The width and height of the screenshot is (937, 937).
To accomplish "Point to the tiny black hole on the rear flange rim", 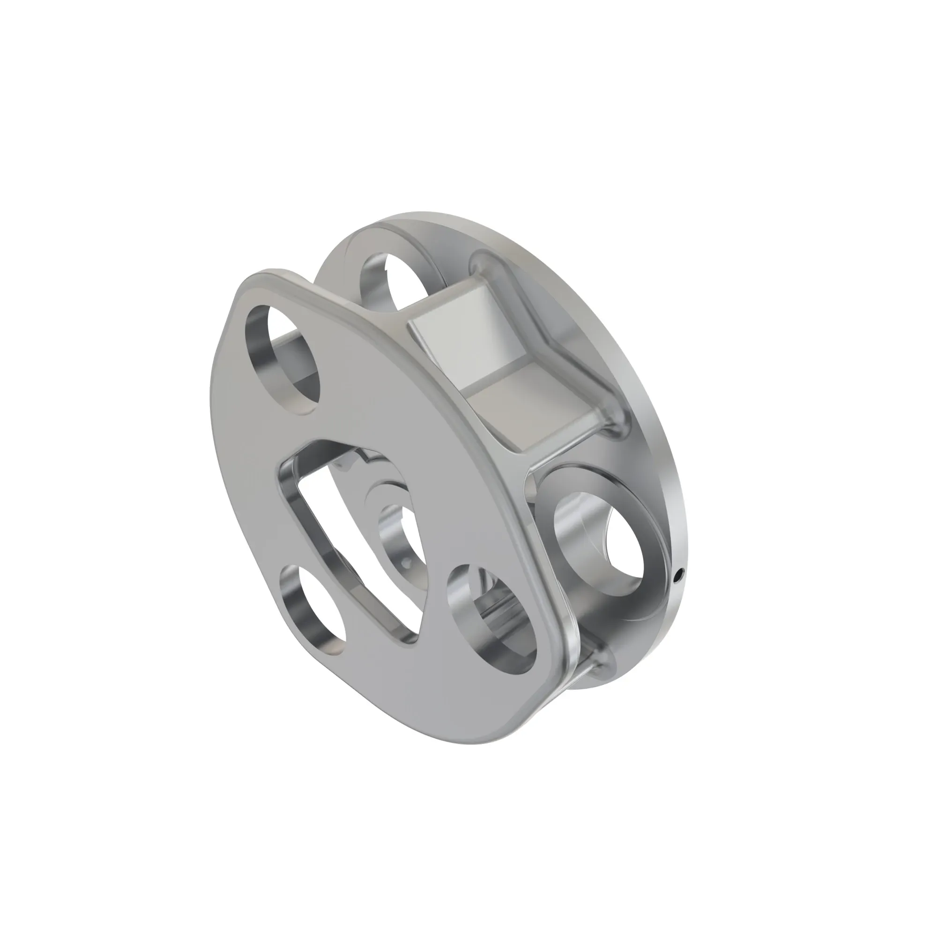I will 679,576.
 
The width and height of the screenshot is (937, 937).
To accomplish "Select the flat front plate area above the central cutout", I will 369,417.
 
